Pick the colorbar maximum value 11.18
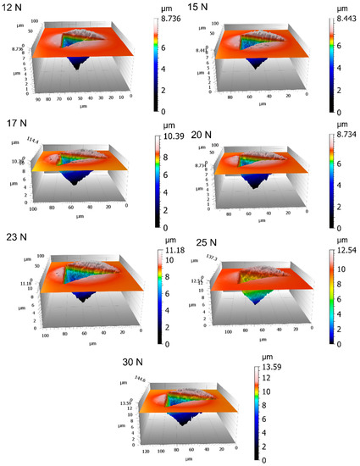[174, 252]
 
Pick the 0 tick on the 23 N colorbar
[172, 345]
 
